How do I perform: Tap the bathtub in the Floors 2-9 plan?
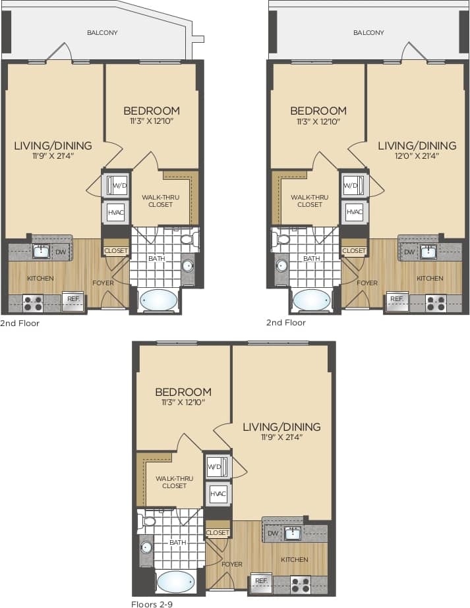175,582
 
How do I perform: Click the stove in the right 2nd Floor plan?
435,303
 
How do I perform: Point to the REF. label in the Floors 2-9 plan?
261,581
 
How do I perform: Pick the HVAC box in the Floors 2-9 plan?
218,493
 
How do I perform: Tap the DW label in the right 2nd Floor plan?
409,252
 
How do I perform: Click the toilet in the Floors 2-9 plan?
148,522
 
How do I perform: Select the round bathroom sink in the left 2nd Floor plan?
188,266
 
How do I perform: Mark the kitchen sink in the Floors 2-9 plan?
292,533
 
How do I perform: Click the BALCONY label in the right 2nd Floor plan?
368,32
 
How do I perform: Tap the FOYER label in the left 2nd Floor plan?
103,283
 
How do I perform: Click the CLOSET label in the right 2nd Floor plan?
354,251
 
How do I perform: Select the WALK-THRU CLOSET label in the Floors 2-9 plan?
171,482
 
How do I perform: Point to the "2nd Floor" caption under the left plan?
20,323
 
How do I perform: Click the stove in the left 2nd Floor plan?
33,303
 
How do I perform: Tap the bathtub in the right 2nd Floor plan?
311,300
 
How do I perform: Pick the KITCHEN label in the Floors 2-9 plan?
295,559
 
